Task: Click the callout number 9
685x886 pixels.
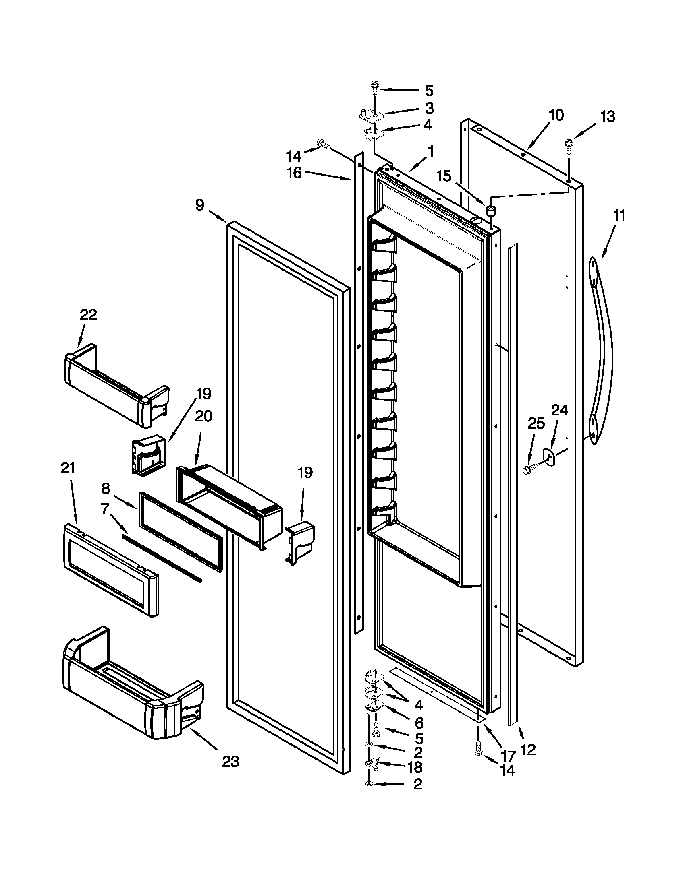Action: (x=199, y=205)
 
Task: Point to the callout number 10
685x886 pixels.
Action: (x=556, y=115)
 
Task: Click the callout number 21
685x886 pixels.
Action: (x=68, y=468)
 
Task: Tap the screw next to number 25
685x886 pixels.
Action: (x=529, y=469)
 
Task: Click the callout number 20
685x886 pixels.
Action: (x=203, y=416)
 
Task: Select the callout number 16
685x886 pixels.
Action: (x=295, y=173)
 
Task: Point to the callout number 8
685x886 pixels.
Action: (x=106, y=489)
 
